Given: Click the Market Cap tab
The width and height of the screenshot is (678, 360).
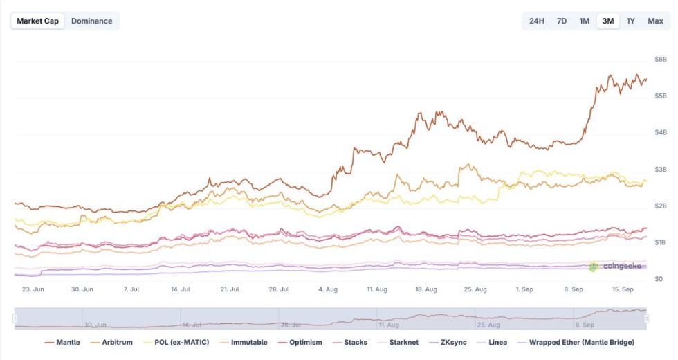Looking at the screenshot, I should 38,21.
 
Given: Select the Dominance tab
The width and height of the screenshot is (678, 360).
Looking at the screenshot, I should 91,21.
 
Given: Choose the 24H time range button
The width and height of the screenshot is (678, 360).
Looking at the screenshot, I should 536,21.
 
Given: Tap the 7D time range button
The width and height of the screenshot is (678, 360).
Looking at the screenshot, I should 562,21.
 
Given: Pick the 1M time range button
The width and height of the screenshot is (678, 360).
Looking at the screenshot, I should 584,21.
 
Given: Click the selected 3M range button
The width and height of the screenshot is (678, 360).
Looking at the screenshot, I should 608,21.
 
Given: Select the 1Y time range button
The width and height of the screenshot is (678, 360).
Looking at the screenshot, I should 630,21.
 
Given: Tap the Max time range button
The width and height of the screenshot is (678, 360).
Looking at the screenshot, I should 655,21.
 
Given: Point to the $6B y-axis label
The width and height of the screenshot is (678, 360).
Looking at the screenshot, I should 660,59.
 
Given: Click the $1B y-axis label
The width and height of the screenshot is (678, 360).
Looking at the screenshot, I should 660,242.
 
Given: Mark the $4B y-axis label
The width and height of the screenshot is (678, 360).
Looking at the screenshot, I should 660,132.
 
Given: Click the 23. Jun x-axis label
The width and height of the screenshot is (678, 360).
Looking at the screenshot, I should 33,289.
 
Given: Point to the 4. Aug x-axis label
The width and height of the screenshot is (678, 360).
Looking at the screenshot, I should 328,289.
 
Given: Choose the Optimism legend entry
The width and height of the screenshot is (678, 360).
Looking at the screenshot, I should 302,342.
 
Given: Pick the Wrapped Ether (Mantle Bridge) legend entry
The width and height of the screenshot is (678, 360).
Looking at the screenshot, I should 574,342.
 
